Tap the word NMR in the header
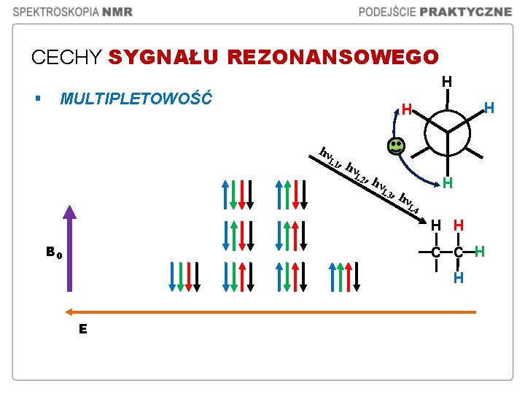(x=117, y=12)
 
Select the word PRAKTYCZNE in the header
(x=471, y=12)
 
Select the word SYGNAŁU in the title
(x=165, y=57)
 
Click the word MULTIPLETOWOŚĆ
(x=136, y=98)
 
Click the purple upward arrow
(x=69, y=255)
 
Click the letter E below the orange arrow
(x=83, y=329)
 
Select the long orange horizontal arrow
(x=270, y=312)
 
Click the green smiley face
(x=395, y=147)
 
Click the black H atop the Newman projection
(x=446, y=80)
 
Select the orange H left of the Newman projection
(x=407, y=110)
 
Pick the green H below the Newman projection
(x=448, y=183)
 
